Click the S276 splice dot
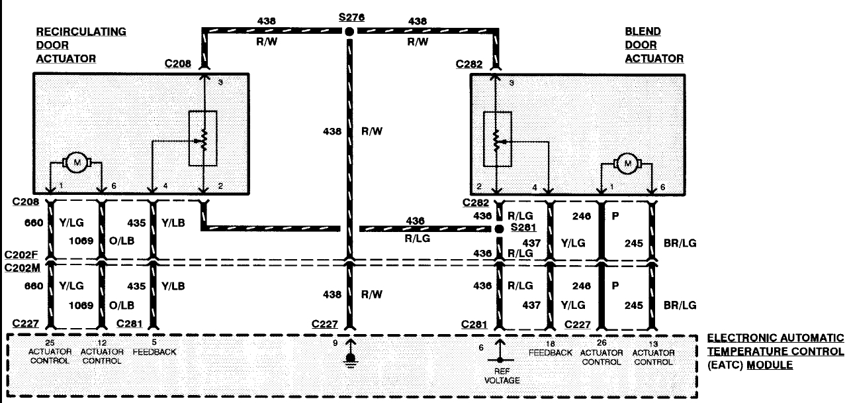tap(350, 31)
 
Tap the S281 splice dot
tap(500, 229)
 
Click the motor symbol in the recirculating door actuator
tap(77, 162)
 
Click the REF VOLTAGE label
tap(500, 376)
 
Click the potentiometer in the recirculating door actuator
tap(204, 139)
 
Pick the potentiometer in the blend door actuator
tap(498, 139)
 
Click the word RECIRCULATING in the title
tap(81, 32)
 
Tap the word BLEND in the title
tap(643, 32)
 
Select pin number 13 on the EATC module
tap(653, 343)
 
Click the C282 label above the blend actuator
tap(468, 64)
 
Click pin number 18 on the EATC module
tap(550, 343)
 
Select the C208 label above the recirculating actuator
tap(178, 64)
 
